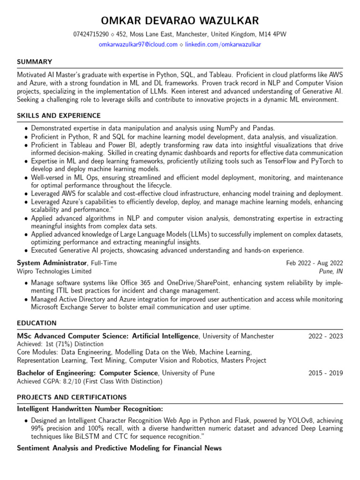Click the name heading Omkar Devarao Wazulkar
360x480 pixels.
[x=180, y=21]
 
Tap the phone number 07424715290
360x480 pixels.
[x=91, y=35]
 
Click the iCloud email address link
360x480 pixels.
[x=138, y=45]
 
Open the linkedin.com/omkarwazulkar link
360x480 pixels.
[x=223, y=45]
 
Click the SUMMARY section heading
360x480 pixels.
[x=34, y=62]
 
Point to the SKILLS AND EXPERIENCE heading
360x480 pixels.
[x=59, y=116]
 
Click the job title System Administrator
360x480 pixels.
[x=52, y=263]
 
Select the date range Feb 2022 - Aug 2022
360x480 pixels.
[x=315, y=263]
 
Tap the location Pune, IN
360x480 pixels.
[x=331, y=271]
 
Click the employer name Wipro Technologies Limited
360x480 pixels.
[x=54, y=271]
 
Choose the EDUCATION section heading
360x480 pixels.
[x=37, y=323]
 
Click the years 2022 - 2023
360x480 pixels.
[x=325, y=336]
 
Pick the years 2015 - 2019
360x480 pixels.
[x=325, y=373]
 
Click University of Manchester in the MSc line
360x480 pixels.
[x=238, y=336]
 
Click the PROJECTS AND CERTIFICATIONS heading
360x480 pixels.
[x=65, y=397]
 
